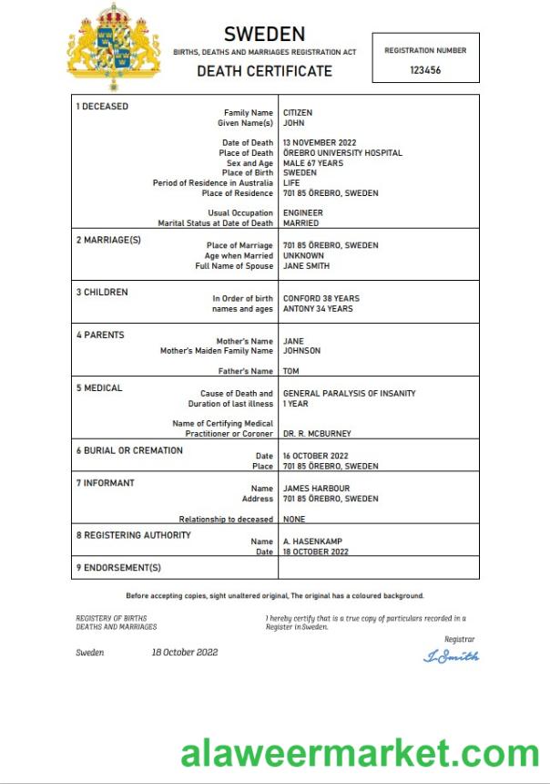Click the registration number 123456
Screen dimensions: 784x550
[x=425, y=70]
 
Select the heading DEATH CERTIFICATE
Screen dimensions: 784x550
[x=265, y=71]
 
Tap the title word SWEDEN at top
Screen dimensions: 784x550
[x=265, y=35]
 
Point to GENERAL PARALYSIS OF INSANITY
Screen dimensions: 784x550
[x=350, y=394]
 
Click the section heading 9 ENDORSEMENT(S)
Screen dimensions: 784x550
[x=118, y=568]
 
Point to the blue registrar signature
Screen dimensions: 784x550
[x=452, y=656]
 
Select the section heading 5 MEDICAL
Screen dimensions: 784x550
[x=99, y=388]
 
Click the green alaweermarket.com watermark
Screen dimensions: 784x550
[x=360, y=753]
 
